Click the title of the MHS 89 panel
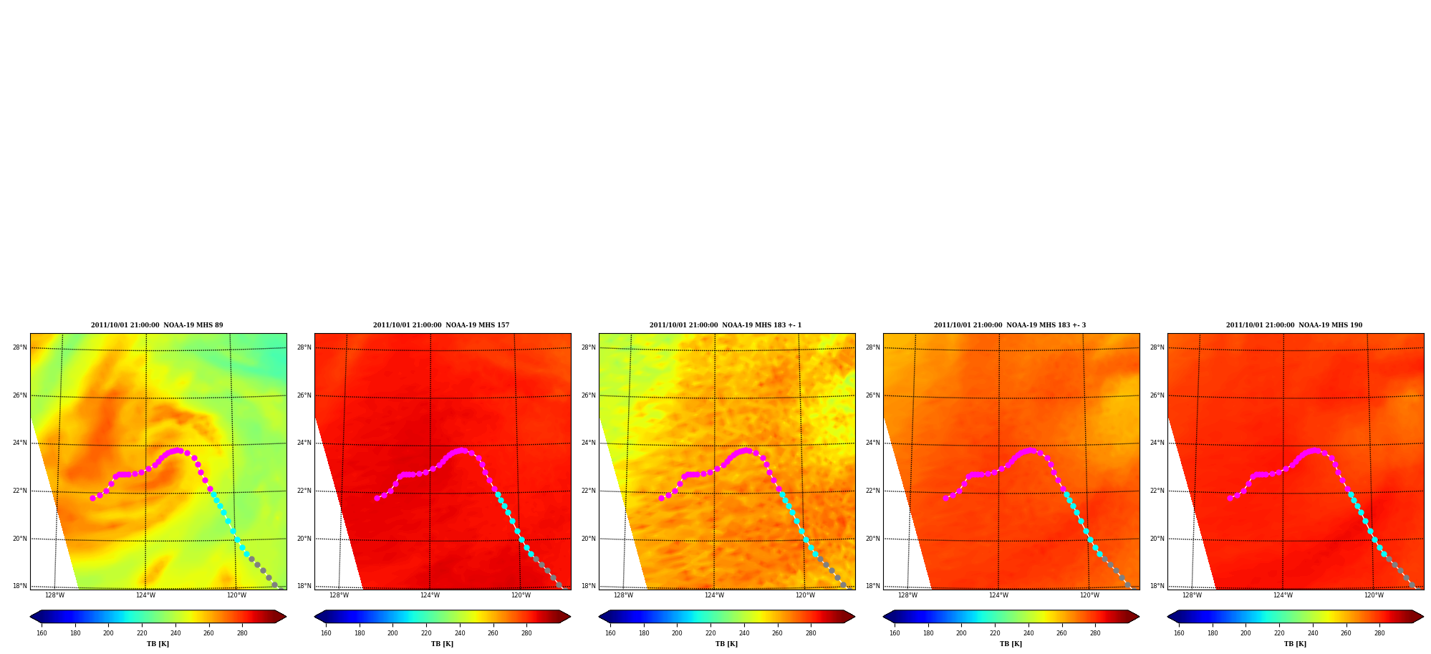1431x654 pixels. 157,325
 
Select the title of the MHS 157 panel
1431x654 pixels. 441,325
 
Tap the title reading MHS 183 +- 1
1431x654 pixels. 726,325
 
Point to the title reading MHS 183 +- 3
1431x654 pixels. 1010,325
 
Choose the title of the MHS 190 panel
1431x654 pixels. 1294,325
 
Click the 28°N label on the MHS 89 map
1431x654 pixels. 20,348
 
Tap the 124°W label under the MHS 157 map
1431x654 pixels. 430,595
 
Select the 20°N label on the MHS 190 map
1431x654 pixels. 1157,539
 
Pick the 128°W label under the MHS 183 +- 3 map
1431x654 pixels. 907,595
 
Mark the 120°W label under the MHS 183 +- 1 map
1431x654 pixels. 805,595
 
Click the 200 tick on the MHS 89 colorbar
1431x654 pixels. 108,633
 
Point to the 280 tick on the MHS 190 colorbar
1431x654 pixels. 1379,633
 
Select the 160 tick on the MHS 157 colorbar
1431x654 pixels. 326,633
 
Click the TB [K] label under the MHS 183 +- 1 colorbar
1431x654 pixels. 726,644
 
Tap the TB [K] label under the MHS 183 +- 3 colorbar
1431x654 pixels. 1011,644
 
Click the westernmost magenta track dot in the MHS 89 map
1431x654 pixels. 92,498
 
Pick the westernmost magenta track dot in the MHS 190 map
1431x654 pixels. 1230,498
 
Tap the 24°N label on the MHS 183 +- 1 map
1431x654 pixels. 589,443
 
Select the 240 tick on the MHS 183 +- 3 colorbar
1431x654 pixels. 1028,633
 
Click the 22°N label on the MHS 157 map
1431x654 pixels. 304,491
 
